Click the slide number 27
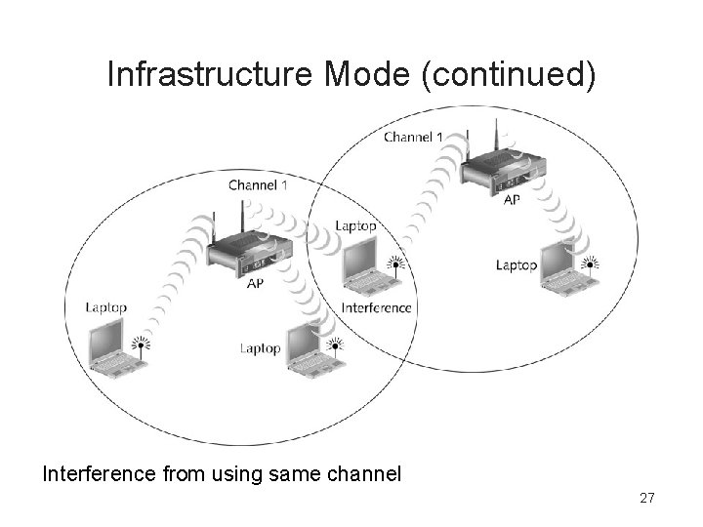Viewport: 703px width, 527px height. pyautogui.click(x=646, y=499)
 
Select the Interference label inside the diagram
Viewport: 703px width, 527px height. pyautogui.click(x=377, y=307)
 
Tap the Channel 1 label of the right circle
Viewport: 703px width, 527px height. pyautogui.click(x=413, y=137)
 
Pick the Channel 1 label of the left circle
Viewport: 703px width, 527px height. pyautogui.click(x=258, y=184)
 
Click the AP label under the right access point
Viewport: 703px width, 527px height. pyautogui.click(x=512, y=200)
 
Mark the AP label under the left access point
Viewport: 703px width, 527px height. pyautogui.click(x=255, y=283)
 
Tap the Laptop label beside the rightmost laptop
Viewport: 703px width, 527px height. pyautogui.click(x=517, y=264)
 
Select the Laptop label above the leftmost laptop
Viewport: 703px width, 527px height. pyautogui.click(x=106, y=307)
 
